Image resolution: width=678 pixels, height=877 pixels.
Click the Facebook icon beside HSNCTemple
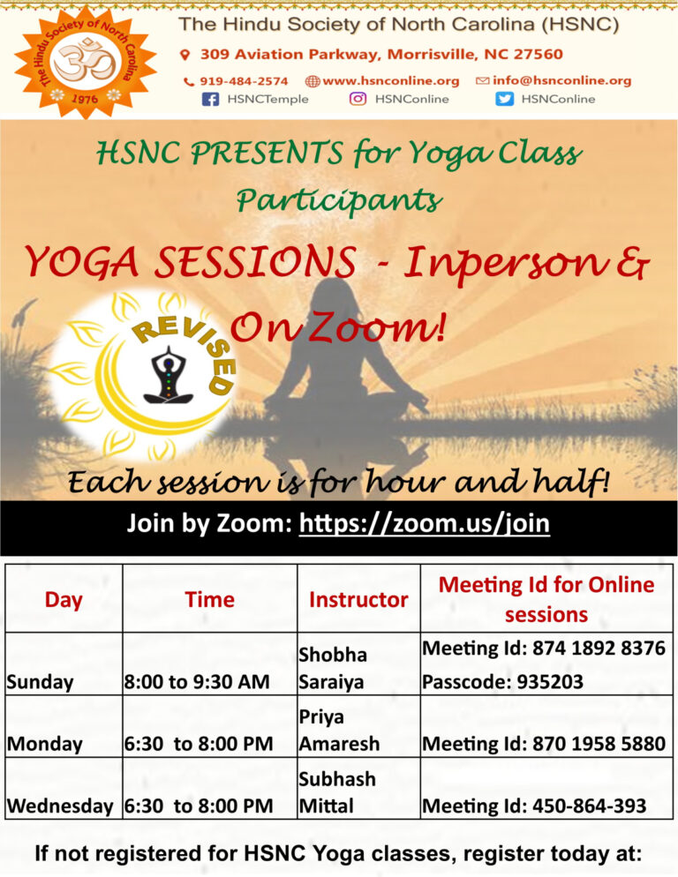click(x=210, y=100)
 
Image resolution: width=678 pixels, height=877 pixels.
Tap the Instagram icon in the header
click(x=358, y=99)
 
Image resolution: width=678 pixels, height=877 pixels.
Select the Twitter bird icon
click(x=504, y=99)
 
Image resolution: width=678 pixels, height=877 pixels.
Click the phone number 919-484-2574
click(x=244, y=81)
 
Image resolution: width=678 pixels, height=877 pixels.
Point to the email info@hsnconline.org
click(x=561, y=80)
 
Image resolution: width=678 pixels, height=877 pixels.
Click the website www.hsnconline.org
click(x=391, y=81)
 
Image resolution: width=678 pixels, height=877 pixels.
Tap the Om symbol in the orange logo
click(x=85, y=60)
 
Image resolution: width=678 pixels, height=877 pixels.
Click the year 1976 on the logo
click(x=85, y=99)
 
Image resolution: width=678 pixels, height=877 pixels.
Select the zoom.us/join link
click(x=425, y=523)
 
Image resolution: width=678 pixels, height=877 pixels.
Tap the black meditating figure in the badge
click(x=169, y=375)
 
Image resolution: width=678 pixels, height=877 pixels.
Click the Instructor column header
click(x=358, y=600)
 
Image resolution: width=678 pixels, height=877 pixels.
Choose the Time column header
click(x=209, y=600)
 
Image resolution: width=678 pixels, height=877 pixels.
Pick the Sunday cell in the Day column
click(x=40, y=682)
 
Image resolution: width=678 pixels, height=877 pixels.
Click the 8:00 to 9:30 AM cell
click(x=197, y=682)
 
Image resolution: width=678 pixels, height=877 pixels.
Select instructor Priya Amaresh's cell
click(x=339, y=731)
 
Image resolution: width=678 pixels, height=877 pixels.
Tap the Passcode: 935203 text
click(x=502, y=682)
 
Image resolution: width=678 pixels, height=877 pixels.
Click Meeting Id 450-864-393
click(x=535, y=806)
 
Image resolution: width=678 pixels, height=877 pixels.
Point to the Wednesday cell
click(x=60, y=806)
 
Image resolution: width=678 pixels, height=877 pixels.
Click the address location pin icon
click(x=185, y=55)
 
